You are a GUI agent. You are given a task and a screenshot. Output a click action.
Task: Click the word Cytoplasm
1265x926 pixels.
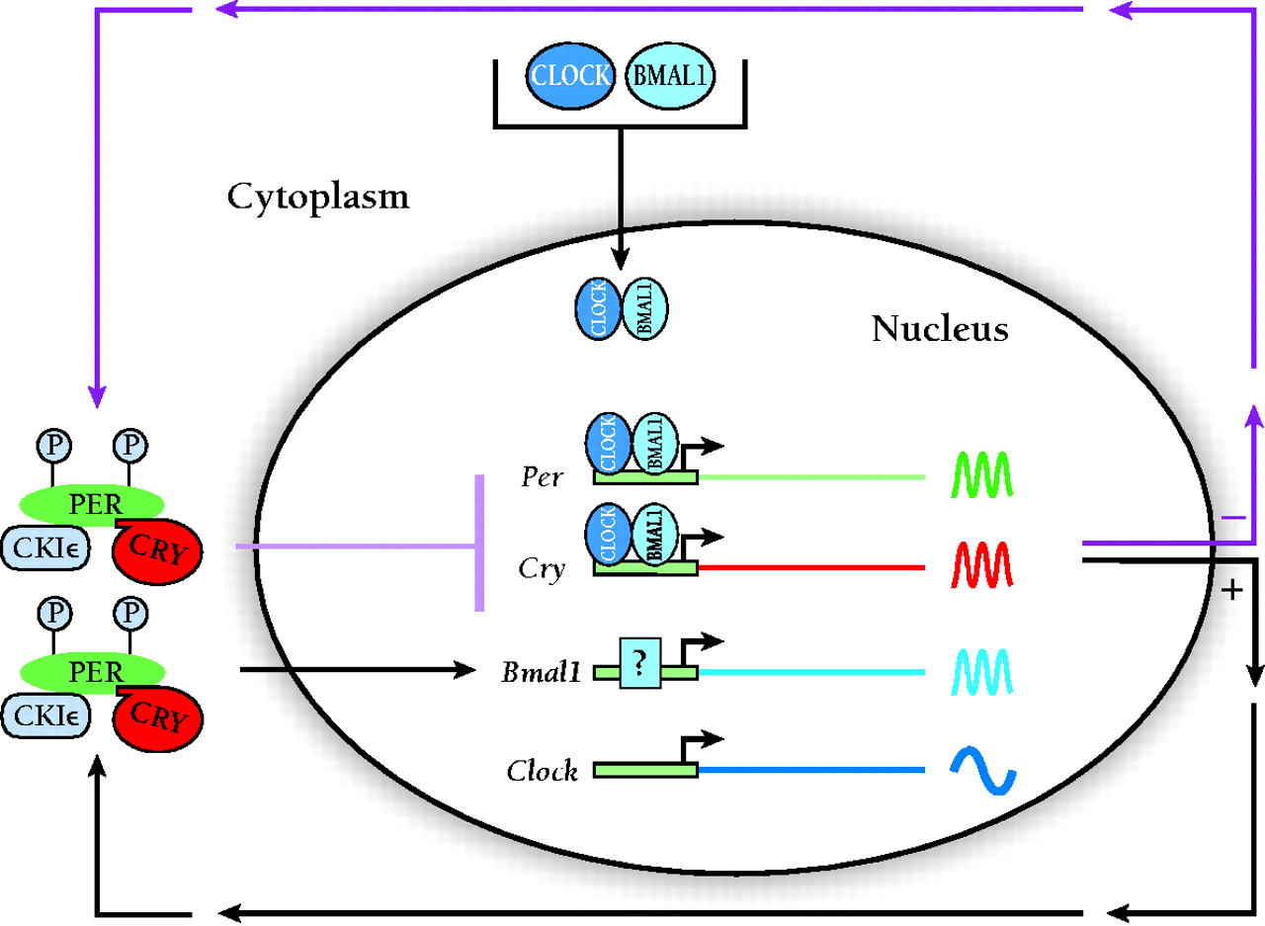318,198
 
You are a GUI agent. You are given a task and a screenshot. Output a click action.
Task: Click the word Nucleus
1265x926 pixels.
939,328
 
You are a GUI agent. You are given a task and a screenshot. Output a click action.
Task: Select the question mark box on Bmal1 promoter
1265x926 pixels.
640,663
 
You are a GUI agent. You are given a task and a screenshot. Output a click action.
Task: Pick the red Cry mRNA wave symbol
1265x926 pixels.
979,565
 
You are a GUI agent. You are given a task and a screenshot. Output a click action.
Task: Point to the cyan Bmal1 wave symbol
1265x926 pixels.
979,672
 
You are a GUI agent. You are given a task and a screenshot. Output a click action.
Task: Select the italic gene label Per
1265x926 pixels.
542,478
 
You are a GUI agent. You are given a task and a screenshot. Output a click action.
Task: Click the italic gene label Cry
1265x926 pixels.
543,570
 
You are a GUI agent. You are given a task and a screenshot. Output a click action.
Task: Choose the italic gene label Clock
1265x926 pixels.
543,771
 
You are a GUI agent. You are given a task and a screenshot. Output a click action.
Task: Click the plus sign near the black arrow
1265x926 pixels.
1231,592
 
